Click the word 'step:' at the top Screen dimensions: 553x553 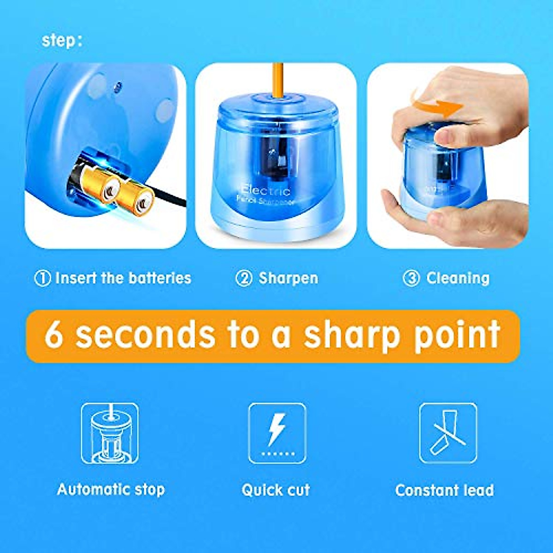[x=62, y=41]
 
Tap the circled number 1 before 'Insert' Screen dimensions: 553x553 [x=42, y=278]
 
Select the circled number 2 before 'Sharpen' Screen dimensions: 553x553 [x=244, y=278]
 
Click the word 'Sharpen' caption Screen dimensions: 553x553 [x=288, y=278]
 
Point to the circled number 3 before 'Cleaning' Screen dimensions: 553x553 [x=411, y=278]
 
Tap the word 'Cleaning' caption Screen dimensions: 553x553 [x=458, y=278]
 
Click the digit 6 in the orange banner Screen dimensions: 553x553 [x=54, y=335]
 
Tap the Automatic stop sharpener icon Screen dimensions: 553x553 [x=110, y=433]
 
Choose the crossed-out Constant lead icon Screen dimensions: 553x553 [x=447, y=433]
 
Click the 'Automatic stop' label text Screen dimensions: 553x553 [x=111, y=489]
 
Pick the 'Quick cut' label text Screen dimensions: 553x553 [x=276, y=490]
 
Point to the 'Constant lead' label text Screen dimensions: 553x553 [x=444, y=490]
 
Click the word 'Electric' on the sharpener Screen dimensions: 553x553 [x=266, y=190]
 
